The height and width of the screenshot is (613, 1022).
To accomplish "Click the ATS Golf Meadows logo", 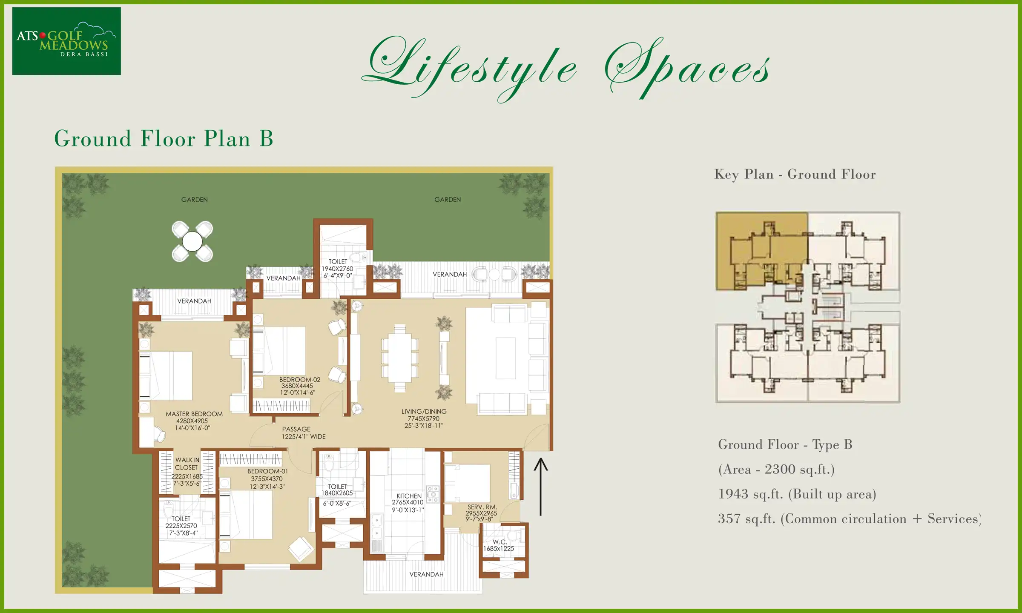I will point(66,41).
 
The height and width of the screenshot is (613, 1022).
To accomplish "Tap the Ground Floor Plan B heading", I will point(164,139).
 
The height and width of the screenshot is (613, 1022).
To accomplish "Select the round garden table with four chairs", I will point(192,242).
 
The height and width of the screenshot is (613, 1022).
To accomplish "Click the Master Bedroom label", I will point(194,414).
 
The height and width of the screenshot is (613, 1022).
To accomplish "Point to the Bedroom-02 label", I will point(299,379).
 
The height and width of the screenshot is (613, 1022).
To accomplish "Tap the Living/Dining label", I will point(424,412).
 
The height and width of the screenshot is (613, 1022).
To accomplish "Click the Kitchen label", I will point(409,496).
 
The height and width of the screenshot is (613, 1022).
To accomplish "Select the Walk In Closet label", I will point(187,464).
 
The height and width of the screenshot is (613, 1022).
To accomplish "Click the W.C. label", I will point(500,542).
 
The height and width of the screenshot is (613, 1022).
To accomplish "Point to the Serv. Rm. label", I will point(482,507).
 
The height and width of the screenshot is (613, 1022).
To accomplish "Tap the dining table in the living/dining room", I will point(399,358).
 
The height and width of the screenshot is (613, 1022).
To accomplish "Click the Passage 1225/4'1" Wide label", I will point(303,433).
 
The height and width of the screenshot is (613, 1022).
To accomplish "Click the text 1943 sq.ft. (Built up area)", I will point(797,494).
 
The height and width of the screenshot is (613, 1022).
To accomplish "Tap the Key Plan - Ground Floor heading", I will point(795,174).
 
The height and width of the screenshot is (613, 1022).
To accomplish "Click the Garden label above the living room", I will point(447,200).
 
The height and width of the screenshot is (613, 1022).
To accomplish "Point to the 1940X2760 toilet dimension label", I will point(337,269).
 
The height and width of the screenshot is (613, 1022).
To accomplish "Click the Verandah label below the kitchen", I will point(426,574).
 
